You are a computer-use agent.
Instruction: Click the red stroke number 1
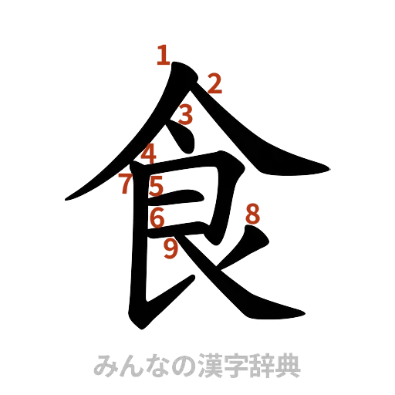click(x=162, y=56)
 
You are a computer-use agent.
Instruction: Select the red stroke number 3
click(x=185, y=116)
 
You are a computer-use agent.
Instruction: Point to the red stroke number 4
click(x=148, y=152)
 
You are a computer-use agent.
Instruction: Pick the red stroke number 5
click(x=157, y=185)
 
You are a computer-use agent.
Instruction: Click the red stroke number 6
click(x=157, y=218)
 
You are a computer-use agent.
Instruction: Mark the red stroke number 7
click(x=124, y=184)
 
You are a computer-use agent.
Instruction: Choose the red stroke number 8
click(x=252, y=214)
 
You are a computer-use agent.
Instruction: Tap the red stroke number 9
click(x=171, y=248)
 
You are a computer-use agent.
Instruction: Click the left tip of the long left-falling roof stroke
click(x=65, y=200)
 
